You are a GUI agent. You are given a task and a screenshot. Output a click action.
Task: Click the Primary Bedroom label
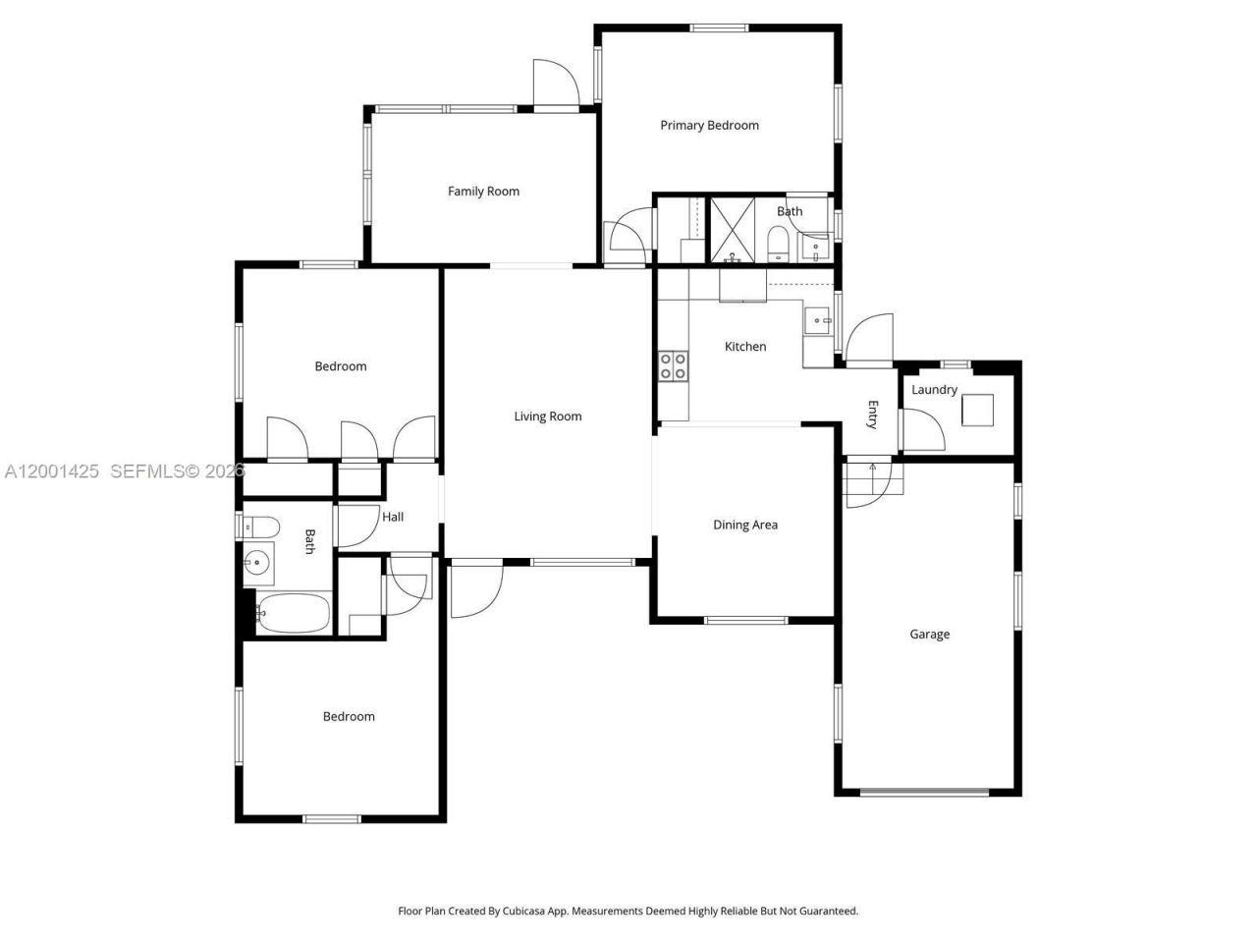(x=709, y=126)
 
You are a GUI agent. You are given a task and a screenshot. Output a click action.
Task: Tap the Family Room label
(x=483, y=192)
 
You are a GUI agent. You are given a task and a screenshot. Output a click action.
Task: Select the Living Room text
(x=548, y=416)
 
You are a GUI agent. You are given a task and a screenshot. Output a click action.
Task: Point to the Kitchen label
(x=745, y=347)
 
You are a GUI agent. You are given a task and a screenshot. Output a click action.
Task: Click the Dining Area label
(x=745, y=526)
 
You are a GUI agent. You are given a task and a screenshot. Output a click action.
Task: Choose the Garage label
(x=929, y=635)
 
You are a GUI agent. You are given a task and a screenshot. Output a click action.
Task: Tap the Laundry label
(x=934, y=390)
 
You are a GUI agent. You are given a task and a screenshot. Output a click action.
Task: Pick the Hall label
(x=393, y=517)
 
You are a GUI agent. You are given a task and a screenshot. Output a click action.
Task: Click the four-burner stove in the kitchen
(x=674, y=366)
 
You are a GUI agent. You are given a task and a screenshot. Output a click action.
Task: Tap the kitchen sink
(x=817, y=319)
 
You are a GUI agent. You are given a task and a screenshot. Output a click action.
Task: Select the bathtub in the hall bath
(x=294, y=614)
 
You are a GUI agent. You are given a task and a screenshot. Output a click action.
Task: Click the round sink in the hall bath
(x=257, y=563)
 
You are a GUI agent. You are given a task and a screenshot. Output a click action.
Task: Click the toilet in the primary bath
(x=778, y=245)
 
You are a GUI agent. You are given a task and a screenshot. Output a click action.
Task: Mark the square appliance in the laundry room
(x=977, y=410)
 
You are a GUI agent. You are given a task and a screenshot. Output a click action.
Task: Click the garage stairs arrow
(x=873, y=468)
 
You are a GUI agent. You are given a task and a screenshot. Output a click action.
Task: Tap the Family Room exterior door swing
(x=552, y=82)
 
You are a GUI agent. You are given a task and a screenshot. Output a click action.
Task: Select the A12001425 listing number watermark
(x=52, y=471)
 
